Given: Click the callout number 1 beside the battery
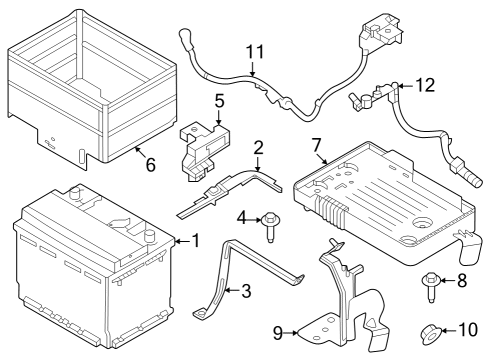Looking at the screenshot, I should (x=195, y=240).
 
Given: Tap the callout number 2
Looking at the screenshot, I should (x=258, y=148).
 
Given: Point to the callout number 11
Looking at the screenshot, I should (x=253, y=52).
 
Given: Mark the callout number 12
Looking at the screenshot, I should (x=426, y=86).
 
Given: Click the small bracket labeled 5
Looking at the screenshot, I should (x=199, y=145).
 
